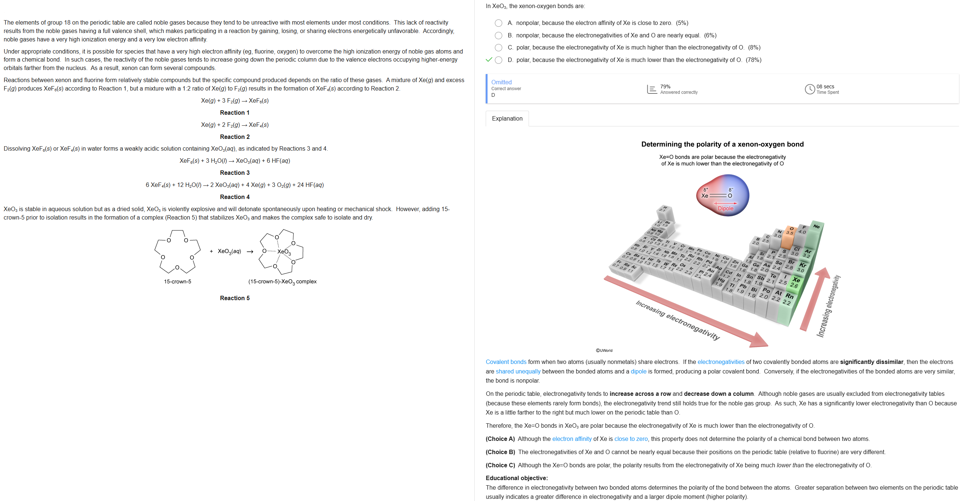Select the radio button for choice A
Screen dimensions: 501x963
[498, 23]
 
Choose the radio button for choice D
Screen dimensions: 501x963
[498, 60]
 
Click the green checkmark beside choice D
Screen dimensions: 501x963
[488, 60]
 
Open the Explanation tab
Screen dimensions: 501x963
[507, 118]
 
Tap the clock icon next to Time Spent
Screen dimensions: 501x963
[809, 89]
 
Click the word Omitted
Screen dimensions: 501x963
[501, 82]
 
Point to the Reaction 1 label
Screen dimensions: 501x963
[234, 113]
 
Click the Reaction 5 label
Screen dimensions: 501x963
[234, 298]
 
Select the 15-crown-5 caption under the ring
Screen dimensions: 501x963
[177, 281]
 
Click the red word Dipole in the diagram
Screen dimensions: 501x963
[725, 209]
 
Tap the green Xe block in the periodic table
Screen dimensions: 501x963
[795, 283]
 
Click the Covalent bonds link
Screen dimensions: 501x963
[506, 362]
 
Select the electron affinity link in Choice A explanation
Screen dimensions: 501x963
[571, 439]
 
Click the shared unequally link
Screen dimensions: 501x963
[518, 371]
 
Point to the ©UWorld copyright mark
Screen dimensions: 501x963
[604, 350]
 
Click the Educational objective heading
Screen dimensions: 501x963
[516, 478]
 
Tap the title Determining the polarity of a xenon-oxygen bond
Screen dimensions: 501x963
[722, 144]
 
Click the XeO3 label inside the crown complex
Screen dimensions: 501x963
[284, 252]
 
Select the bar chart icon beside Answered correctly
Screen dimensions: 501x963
[652, 89]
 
